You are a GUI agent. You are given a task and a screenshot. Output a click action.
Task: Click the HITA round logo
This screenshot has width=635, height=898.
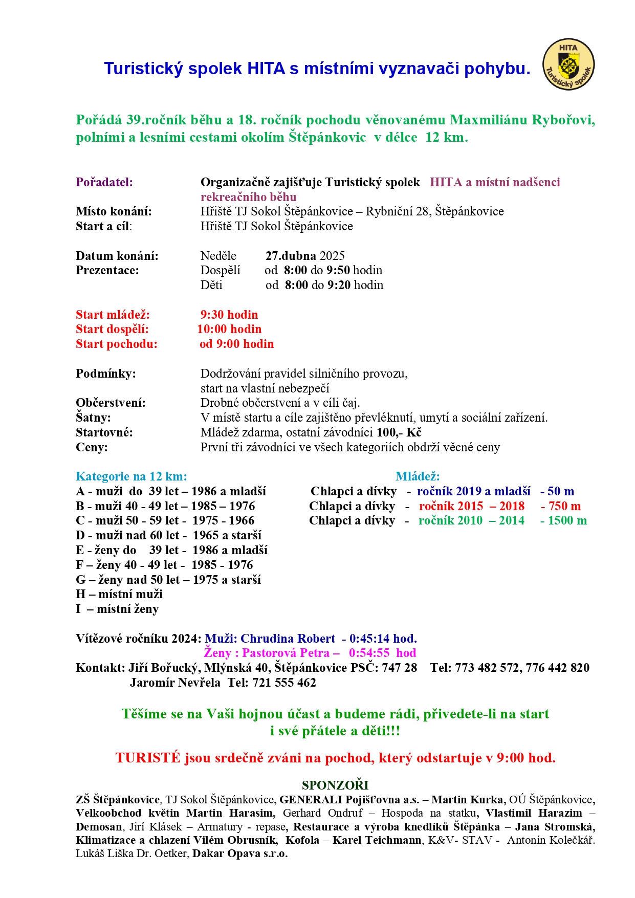[x=568, y=64]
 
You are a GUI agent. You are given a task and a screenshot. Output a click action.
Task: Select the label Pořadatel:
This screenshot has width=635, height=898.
[x=104, y=182]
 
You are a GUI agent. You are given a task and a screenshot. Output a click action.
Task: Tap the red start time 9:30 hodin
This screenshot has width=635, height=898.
[x=229, y=315]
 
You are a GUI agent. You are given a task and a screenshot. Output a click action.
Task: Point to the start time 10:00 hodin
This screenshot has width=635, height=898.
[x=229, y=329]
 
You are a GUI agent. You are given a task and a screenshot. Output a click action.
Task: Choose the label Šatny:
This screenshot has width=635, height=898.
[x=93, y=418]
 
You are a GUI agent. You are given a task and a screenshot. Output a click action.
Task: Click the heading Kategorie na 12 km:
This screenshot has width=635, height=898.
[x=132, y=476]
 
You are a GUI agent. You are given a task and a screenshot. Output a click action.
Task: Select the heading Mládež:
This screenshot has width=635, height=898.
[x=418, y=476]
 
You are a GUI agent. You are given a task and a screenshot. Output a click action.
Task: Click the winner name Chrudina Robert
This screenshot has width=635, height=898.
[x=288, y=639]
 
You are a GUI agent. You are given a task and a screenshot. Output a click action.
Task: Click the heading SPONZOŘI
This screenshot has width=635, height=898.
[x=335, y=785]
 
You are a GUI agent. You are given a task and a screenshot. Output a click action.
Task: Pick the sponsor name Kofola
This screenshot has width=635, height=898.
[x=302, y=840]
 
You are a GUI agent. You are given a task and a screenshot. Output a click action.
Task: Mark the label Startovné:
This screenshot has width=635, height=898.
[x=104, y=432]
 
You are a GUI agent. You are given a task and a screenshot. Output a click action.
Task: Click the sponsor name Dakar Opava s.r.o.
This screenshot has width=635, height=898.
[x=240, y=853]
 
